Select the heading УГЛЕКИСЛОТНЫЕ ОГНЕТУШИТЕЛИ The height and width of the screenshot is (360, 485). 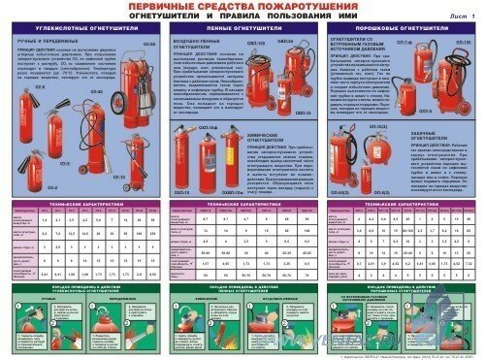[x=85, y=31]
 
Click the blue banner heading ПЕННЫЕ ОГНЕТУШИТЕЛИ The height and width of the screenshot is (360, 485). [x=242, y=31]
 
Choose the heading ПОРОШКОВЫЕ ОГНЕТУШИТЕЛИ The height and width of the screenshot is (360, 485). [x=400, y=31]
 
